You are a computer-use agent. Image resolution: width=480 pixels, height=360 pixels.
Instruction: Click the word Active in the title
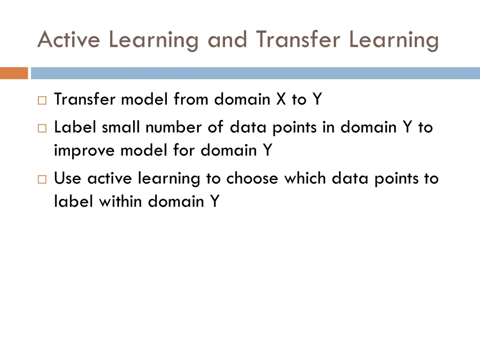pos(68,40)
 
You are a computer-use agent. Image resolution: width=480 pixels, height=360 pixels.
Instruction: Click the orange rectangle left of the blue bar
pos(14,73)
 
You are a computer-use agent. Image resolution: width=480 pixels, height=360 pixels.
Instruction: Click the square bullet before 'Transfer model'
pos(42,100)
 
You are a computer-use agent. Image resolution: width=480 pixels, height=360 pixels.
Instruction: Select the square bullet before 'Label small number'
pos(42,128)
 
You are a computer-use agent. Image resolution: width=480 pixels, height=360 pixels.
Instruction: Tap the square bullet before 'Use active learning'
pos(42,179)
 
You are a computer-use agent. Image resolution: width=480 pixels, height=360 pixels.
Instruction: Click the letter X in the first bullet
pos(281,99)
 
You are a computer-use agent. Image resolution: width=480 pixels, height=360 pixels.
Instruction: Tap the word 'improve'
pos(85,151)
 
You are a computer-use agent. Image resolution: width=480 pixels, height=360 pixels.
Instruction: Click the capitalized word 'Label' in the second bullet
pos(75,127)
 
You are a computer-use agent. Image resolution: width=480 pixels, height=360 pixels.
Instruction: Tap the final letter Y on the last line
pos(214,202)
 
